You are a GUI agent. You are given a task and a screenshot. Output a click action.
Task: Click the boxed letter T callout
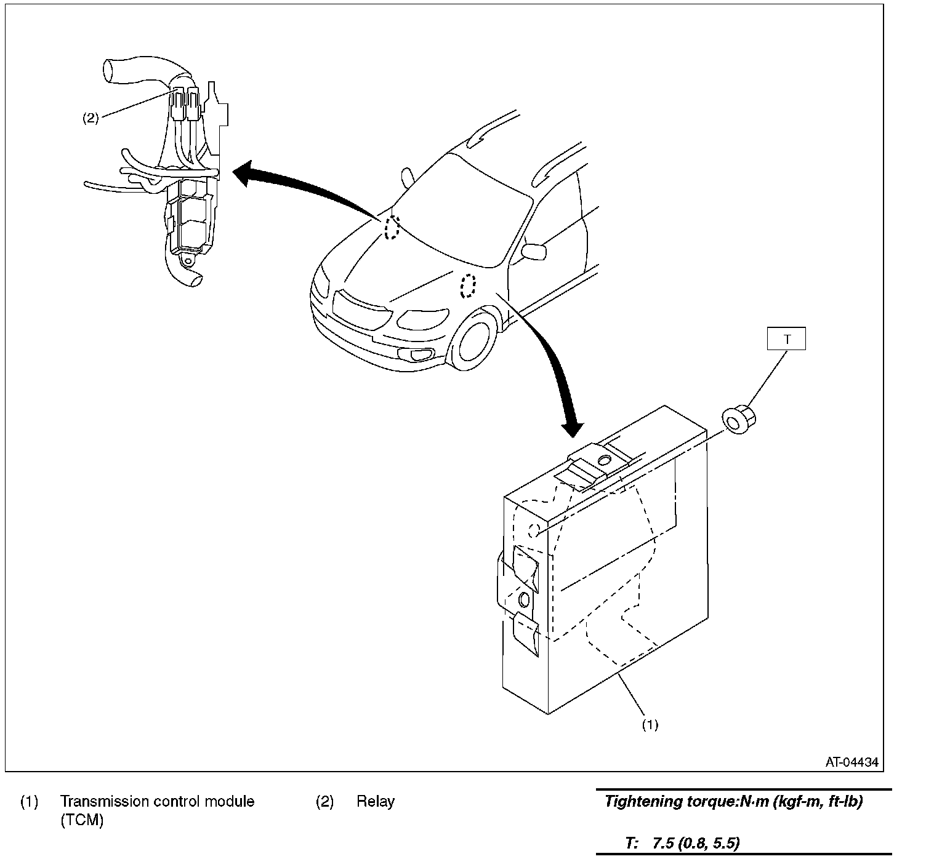tap(786, 339)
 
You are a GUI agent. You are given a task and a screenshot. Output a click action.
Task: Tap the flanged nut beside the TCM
tap(739, 420)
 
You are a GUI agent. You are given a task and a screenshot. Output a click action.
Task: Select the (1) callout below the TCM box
tap(650, 725)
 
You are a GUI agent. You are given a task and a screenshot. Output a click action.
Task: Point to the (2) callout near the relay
tap(91, 118)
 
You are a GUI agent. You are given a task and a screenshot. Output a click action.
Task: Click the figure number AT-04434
tap(852, 762)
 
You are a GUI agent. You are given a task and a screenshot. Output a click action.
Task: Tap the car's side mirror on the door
tap(533, 251)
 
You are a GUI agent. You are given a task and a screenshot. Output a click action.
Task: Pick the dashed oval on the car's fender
tap(468, 286)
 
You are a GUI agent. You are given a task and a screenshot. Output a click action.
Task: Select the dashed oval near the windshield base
tap(392, 228)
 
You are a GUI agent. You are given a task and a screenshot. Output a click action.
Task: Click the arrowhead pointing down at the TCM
tap(573, 429)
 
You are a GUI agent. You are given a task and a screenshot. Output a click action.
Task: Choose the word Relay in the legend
tap(376, 801)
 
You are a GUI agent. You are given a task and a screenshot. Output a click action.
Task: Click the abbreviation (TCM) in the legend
tap(82, 820)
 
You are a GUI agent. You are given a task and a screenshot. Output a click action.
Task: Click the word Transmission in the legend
tap(104, 801)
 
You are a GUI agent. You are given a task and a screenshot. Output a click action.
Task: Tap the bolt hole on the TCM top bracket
tap(604, 460)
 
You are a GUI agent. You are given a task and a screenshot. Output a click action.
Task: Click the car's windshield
tap(462, 210)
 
